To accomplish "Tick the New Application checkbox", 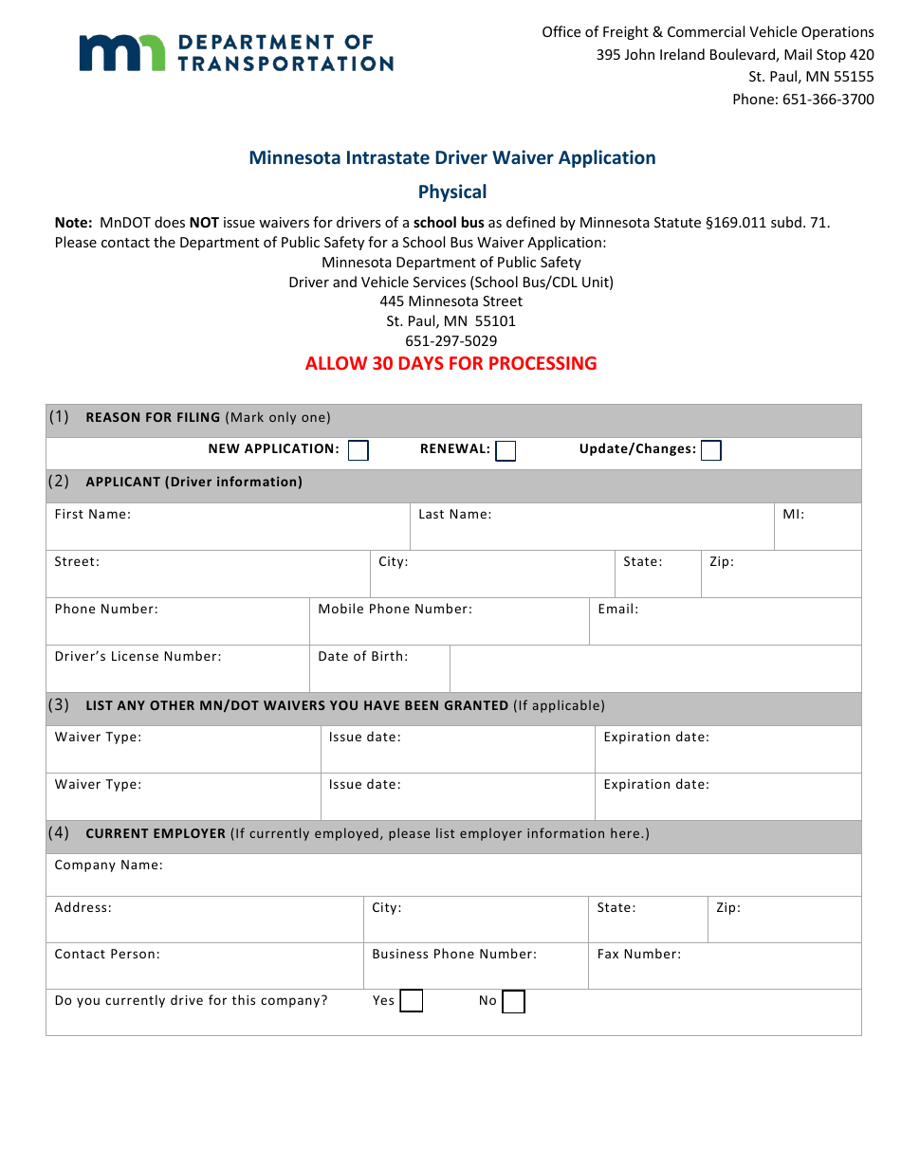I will point(358,450).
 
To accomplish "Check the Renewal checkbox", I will point(506,450).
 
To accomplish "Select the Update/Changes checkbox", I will point(710,450).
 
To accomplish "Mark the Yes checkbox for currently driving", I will point(411,1001).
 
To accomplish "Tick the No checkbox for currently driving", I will point(513,1001).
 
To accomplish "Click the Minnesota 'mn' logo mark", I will point(120,53).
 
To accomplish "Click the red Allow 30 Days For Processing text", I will point(450,363).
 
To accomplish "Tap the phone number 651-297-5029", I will point(450,340).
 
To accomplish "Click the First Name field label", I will point(93,515).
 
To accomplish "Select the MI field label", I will point(793,515).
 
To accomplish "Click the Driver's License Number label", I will point(138,656).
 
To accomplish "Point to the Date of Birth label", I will point(363,656).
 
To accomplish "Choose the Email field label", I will point(617,610).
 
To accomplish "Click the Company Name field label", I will point(108,865).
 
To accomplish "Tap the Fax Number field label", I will point(638,954).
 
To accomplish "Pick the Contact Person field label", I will point(107,954).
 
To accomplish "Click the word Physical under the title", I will point(452,191).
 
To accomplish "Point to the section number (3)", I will point(59,704).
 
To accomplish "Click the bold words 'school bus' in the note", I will point(449,223).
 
